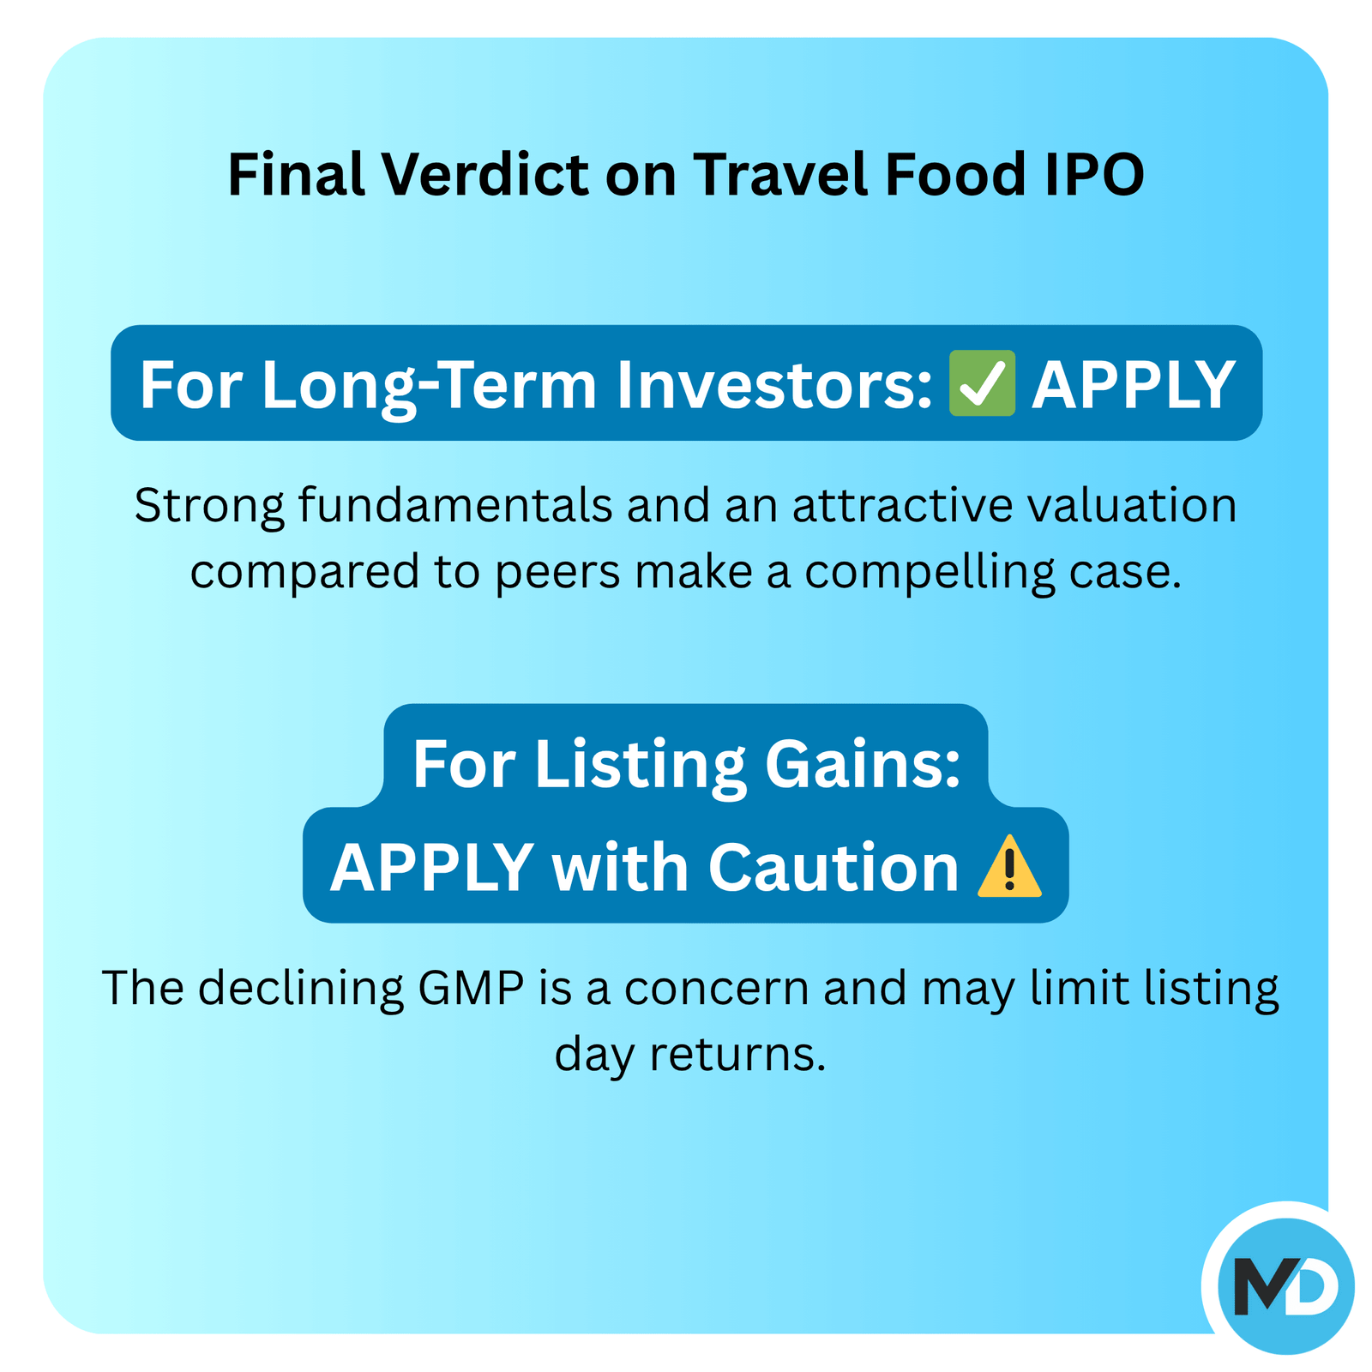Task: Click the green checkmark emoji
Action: [982, 383]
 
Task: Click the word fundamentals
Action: [455, 505]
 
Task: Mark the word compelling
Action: [930, 573]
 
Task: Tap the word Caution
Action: [833, 867]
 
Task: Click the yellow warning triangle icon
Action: [1009, 866]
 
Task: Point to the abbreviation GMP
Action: [472, 988]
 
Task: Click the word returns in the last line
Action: [737, 1056]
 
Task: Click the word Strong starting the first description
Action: [209, 505]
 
